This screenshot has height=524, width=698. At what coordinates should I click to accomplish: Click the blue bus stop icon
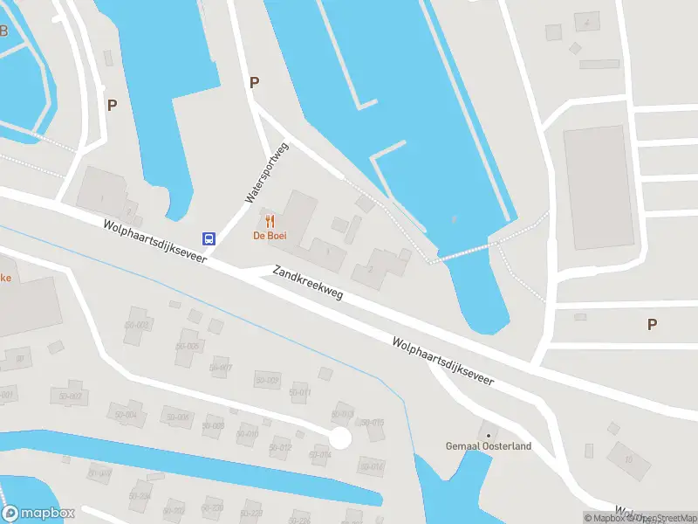(209, 238)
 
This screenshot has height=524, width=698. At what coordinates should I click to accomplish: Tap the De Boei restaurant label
(270, 236)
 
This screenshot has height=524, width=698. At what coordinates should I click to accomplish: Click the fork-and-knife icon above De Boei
(270, 221)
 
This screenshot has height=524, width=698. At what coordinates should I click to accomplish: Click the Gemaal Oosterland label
(488, 447)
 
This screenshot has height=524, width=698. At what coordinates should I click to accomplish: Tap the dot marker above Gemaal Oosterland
(488, 435)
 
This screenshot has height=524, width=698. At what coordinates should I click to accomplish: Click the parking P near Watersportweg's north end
(255, 83)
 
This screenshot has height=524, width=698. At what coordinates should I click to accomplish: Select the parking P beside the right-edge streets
(652, 324)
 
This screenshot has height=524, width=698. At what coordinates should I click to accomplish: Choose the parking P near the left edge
(112, 106)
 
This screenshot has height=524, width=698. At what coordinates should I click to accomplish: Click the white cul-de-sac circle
(339, 438)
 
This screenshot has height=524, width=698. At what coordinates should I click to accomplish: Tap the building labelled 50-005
(188, 346)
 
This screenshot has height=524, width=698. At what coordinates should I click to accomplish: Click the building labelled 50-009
(266, 380)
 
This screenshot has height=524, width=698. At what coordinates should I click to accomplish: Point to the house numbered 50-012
(279, 448)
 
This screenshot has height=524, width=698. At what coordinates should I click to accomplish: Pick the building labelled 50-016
(372, 466)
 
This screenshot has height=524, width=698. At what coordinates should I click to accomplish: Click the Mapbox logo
(38, 514)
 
